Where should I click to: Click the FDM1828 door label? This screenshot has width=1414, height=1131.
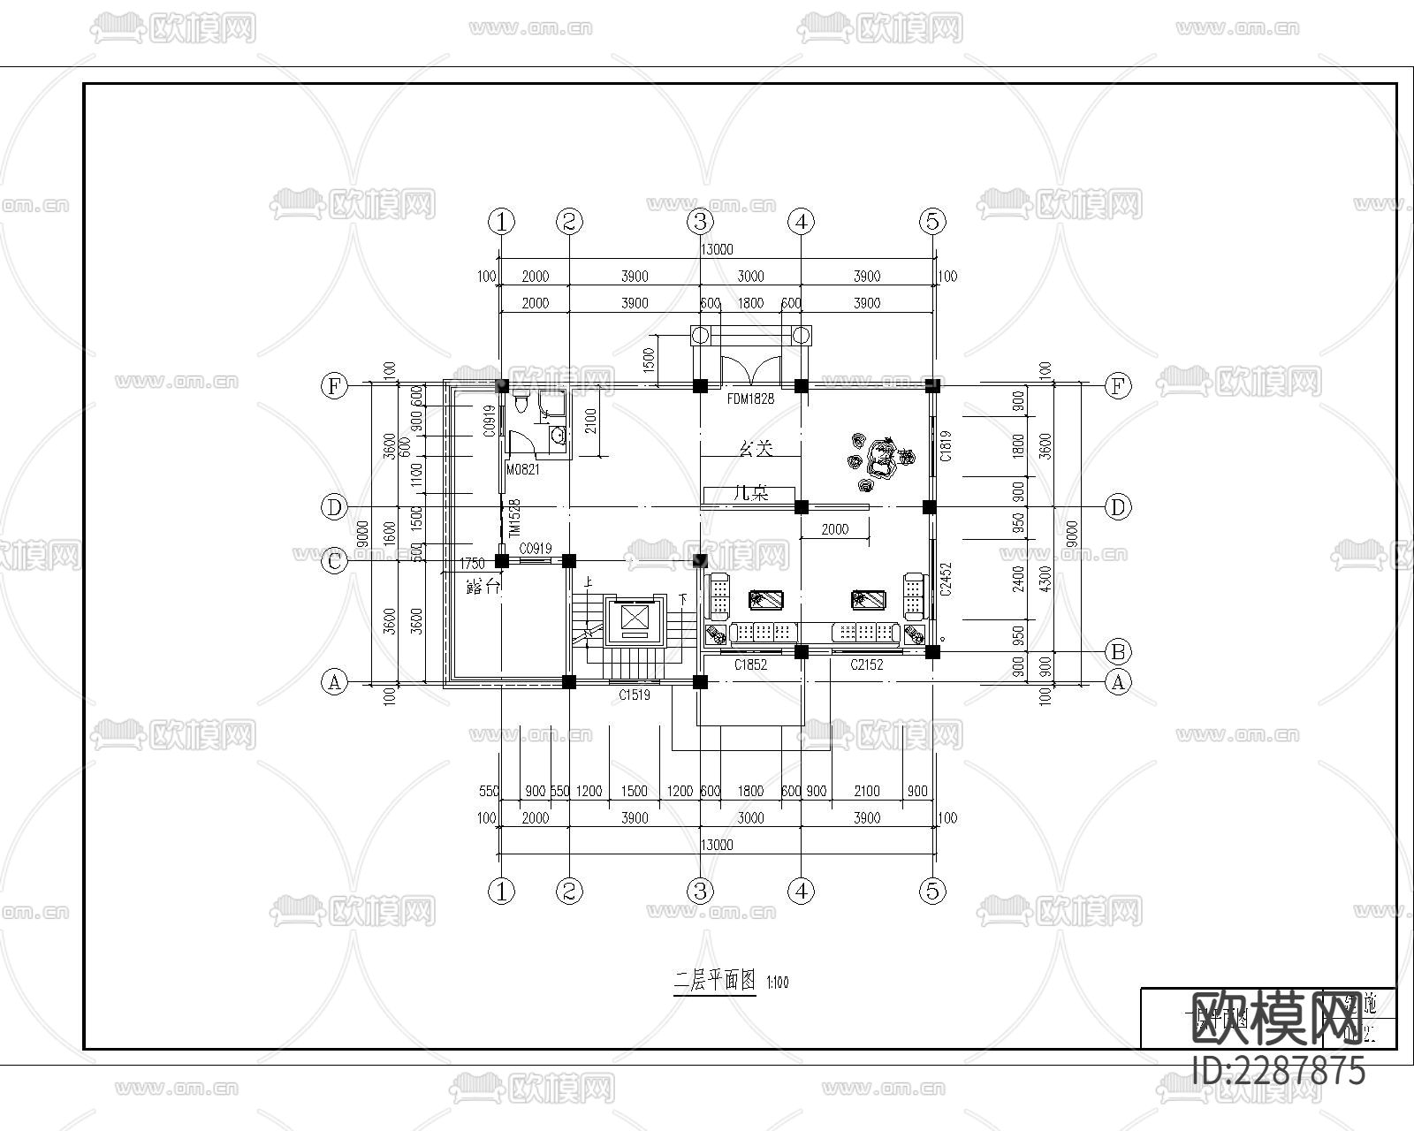click(x=750, y=399)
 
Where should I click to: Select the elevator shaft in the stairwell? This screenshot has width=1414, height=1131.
click(x=635, y=618)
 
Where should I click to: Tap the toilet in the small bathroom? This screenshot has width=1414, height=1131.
click(x=521, y=404)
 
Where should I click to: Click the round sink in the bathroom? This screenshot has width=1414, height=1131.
click(x=558, y=435)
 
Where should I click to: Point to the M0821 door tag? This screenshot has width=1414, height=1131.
click(x=522, y=470)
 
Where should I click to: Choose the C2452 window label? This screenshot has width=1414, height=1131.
click(x=945, y=580)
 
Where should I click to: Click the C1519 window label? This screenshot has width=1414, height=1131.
click(x=634, y=695)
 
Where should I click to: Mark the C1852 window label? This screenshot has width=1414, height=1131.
click(x=750, y=665)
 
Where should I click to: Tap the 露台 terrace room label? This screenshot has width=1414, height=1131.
click(x=483, y=586)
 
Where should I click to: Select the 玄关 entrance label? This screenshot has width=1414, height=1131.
click(x=756, y=449)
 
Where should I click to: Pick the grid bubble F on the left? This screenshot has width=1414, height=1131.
click(x=334, y=385)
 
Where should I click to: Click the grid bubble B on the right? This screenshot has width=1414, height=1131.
click(x=1118, y=652)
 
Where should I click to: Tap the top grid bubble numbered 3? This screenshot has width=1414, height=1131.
click(x=700, y=221)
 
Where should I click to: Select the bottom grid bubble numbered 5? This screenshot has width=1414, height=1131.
click(x=932, y=892)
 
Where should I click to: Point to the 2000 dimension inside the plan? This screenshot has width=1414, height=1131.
click(x=834, y=529)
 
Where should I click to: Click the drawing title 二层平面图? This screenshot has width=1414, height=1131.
click(x=714, y=981)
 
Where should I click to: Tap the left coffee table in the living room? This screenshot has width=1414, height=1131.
click(x=764, y=600)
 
